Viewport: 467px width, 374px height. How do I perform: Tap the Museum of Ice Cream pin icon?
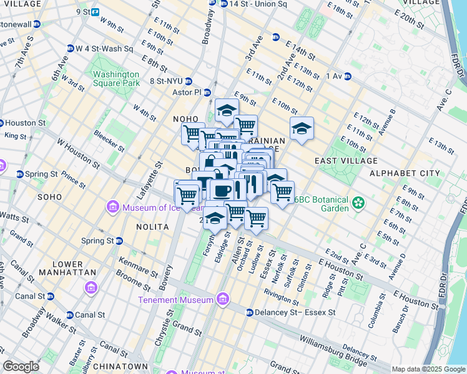(x=113, y=206)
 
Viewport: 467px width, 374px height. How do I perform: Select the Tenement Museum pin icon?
(x=223, y=300)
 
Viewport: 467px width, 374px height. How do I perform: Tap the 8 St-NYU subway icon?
(x=188, y=81)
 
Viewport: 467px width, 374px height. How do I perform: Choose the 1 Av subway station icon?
(x=347, y=76)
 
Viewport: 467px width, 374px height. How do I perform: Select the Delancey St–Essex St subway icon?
(x=249, y=312)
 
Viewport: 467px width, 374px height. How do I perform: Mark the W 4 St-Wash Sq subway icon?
(x=71, y=48)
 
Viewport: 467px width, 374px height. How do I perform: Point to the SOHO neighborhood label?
(x=49, y=197)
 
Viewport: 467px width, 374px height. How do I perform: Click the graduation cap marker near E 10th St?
(x=302, y=128)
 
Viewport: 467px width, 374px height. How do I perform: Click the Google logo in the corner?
(x=21, y=367)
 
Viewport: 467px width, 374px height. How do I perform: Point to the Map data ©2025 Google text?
(x=428, y=369)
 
